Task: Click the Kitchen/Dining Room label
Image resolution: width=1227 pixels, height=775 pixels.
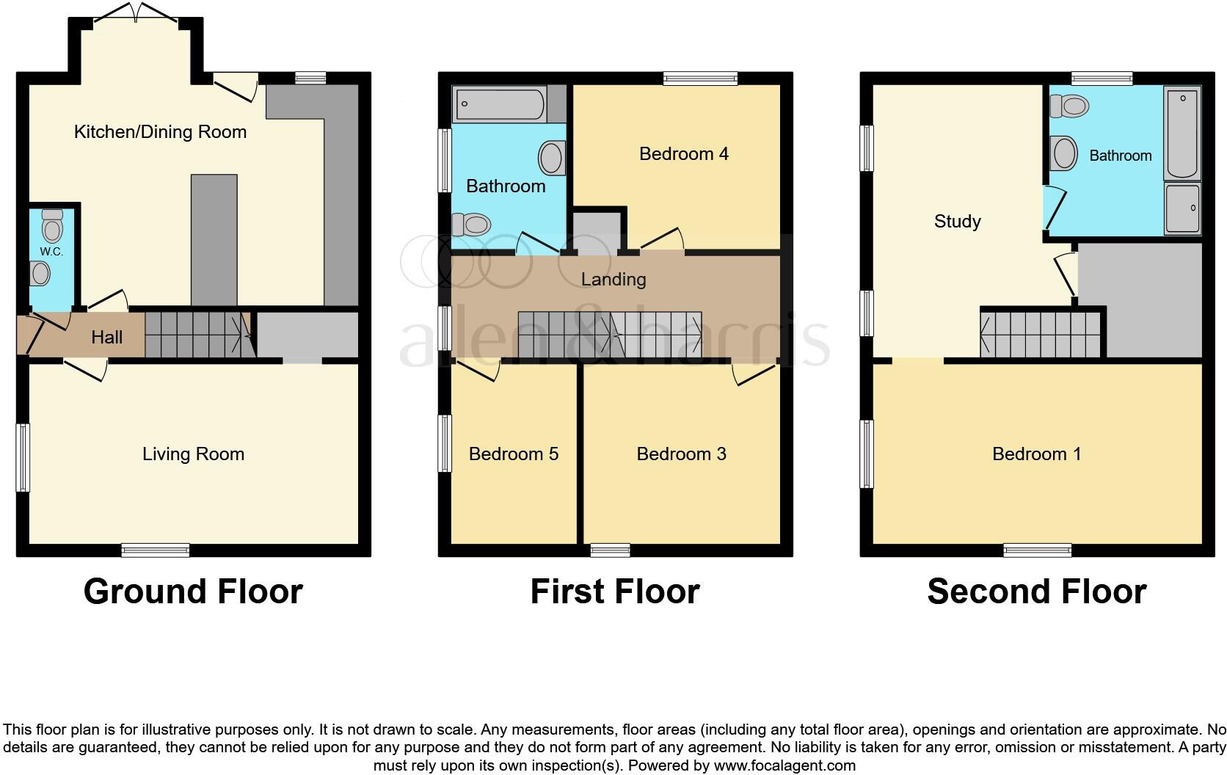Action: [x=160, y=132]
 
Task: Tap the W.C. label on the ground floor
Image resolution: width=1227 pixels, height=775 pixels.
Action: [x=51, y=252]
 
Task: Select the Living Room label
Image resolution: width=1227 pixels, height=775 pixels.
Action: [x=193, y=454]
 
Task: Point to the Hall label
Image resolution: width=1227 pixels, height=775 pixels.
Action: [x=106, y=338]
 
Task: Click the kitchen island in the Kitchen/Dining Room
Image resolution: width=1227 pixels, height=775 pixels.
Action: [x=214, y=239]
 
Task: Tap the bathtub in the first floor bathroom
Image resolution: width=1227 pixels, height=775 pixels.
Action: [x=500, y=104]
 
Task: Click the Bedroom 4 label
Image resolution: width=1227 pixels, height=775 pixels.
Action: [x=683, y=154]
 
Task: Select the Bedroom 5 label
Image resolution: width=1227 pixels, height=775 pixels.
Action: [x=513, y=454]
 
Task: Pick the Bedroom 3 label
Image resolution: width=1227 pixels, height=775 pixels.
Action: [x=681, y=454]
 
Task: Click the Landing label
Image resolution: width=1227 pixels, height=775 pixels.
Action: [x=613, y=280]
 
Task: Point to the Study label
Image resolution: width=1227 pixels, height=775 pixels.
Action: [x=957, y=222]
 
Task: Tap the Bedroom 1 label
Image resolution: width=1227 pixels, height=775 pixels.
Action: [x=1036, y=454]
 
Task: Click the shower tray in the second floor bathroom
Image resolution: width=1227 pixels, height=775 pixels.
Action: [x=1182, y=208]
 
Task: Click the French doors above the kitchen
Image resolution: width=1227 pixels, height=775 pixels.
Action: [x=135, y=12]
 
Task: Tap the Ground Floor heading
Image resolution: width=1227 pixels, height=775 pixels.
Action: [x=193, y=592]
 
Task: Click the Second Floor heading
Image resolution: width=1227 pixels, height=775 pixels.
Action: [x=1036, y=592]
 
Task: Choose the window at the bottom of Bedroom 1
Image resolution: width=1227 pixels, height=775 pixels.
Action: [x=1038, y=550]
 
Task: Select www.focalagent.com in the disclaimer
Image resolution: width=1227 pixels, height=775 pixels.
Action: [x=784, y=766]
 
